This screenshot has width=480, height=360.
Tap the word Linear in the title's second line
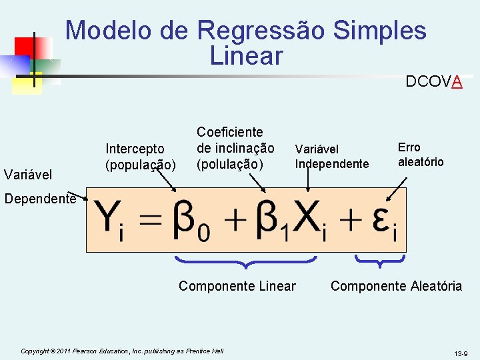tap(246, 56)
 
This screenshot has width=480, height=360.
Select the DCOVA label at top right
tap(434, 82)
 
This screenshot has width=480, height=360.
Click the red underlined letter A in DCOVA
tap(457, 82)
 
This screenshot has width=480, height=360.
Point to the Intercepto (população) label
tap(141, 155)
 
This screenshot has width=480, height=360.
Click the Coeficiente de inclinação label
tap(235, 147)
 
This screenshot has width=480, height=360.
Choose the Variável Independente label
tap(331, 157)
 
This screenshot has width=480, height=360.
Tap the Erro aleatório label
tap(420, 155)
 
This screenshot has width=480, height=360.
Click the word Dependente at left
tap(39, 198)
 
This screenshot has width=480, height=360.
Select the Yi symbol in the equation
tap(110, 221)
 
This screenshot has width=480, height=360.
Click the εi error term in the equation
tap(384, 222)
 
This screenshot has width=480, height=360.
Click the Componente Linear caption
tap(237, 286)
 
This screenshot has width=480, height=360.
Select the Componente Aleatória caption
tap(396, 286)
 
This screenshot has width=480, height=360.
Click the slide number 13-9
tap(461, 353)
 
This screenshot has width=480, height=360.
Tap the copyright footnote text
tap(122, 351)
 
